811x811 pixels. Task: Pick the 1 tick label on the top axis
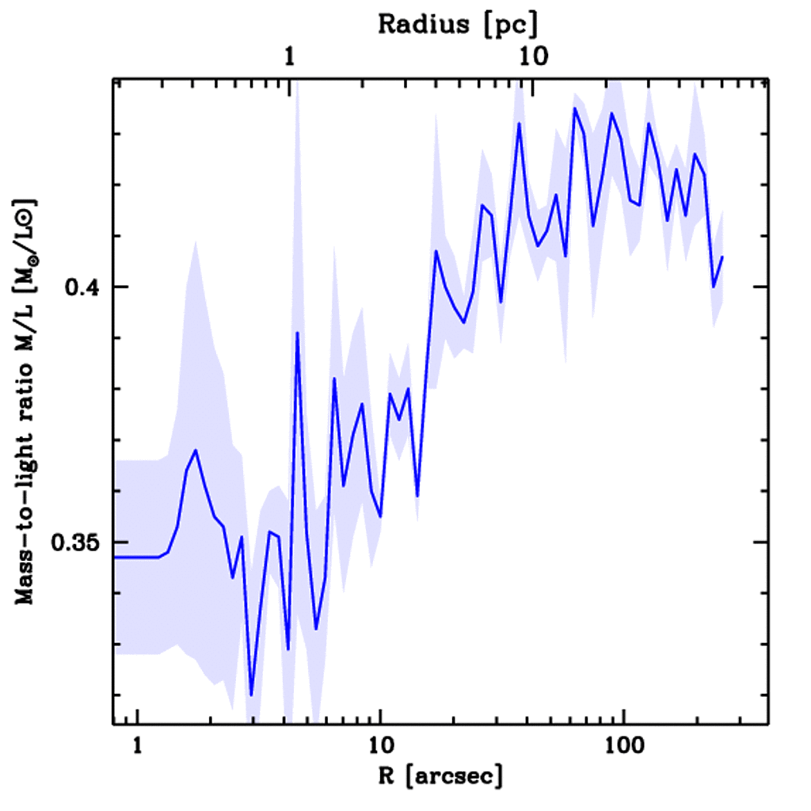(290, 57)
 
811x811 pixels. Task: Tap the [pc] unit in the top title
(512, 25)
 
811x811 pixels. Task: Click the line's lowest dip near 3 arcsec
(251, 695)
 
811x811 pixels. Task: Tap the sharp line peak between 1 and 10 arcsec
(297, 333)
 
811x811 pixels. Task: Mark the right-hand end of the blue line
(722, 257)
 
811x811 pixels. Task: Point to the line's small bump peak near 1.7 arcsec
(195, 450)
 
